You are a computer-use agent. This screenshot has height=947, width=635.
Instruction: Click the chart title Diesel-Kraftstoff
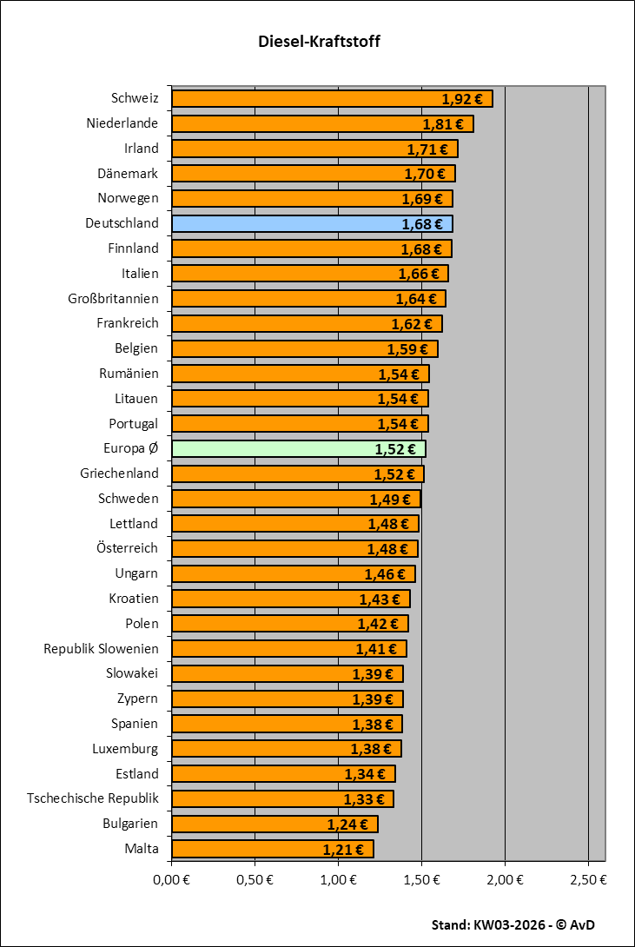click(319, 42)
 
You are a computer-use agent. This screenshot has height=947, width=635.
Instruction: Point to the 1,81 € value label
click(443, 124)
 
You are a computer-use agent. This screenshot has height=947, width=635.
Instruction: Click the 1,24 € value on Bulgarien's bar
click(347, 824)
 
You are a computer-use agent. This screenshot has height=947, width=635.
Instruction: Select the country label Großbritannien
click(113, 299)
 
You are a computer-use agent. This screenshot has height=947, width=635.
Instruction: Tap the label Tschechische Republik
click(93, 798)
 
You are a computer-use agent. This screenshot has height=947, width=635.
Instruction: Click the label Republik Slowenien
click(101, 649)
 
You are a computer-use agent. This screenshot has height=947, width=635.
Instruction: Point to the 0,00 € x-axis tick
click(171, 880)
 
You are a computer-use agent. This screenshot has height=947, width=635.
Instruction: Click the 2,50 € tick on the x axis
click(588, 880)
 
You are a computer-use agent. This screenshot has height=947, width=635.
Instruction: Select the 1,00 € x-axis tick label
click(338, 880)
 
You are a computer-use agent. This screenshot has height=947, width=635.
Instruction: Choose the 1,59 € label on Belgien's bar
click(407, 349)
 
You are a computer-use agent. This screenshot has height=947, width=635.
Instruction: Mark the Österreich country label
click(128, 549)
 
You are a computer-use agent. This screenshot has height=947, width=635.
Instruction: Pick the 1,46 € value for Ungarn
click(385, 574)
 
